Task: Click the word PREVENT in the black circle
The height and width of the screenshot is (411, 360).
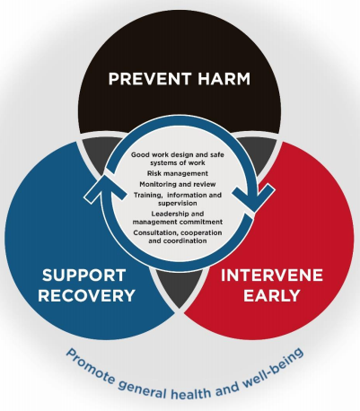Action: coord(150,79)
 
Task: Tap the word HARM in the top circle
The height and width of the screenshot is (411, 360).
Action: coord(224,79)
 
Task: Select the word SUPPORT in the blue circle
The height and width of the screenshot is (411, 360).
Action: coord(83,275)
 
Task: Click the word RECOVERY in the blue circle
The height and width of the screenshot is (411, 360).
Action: coord(86,295)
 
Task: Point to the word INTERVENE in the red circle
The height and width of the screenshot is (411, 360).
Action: coord(272,275)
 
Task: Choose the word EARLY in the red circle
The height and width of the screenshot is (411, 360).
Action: coord(272,295)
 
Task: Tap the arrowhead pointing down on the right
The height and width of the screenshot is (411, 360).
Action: coord(254,197)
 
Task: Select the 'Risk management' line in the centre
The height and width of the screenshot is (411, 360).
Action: coord(178,173)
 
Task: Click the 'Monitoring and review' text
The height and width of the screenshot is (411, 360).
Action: coord(178,184)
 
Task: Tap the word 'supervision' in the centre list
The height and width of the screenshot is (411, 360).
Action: coord(178,203)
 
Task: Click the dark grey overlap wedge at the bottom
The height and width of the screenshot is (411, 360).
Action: coord(179,287)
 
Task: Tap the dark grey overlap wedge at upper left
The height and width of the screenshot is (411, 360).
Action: coord(97,153)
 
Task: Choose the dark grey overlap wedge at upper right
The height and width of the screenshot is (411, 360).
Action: coord(261,153)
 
